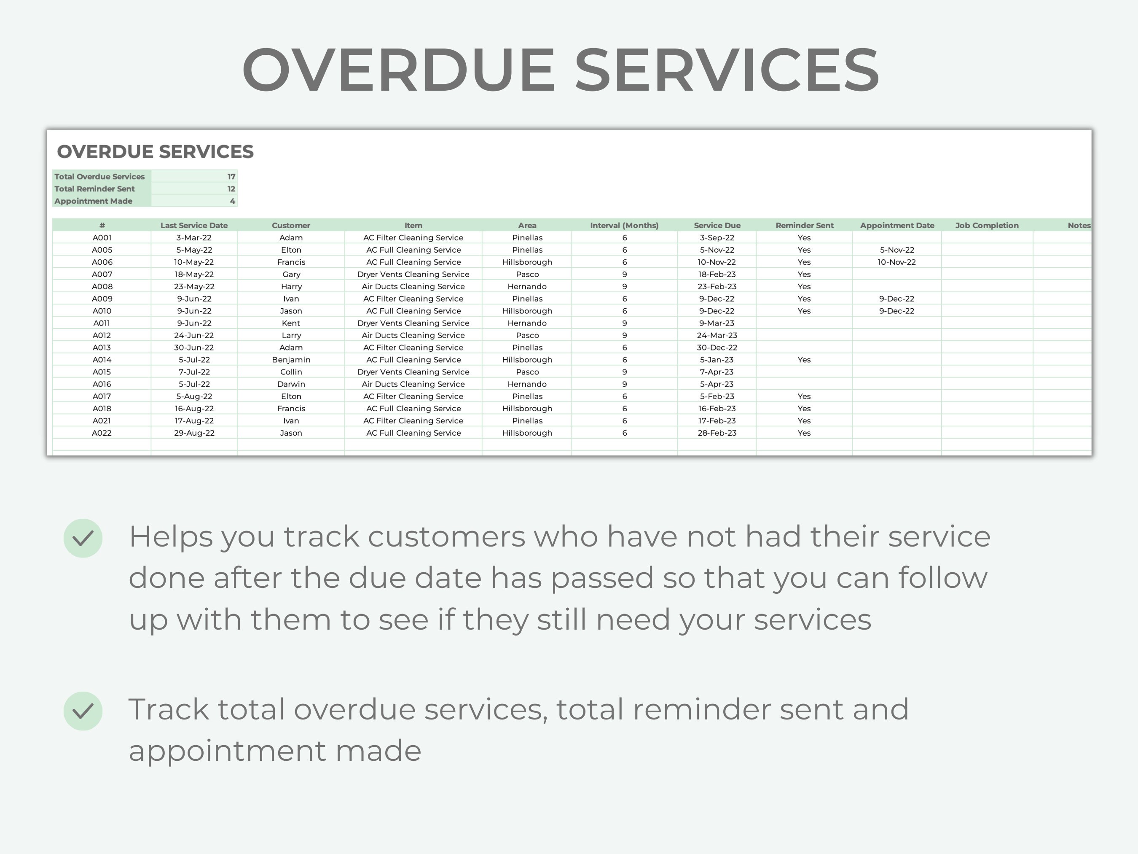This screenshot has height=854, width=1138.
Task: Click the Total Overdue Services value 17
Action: click(x=231, y=177)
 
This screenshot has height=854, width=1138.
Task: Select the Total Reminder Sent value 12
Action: click(x=231, y=189)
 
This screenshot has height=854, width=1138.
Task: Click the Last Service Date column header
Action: click(x=194, y=226)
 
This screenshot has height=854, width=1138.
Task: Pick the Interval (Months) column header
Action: click(x=624, y=226)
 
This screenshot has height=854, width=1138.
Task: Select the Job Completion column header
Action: click(x=987, y=226)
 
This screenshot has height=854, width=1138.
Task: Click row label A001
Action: click(x=102, y=238)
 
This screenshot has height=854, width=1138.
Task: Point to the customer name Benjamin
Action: click(x=291, y=360)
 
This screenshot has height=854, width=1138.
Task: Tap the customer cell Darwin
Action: click(x=291, y=384)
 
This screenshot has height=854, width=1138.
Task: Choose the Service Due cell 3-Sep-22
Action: click(x=717, y=238)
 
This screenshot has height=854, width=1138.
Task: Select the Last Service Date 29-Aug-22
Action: click(x=194, y=433)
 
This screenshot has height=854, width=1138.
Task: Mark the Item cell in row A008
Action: click(x=413, y=287)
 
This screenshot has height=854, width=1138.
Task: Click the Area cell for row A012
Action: click(x=527, y=336)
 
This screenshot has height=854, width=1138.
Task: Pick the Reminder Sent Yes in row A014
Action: click(x=804, y=360)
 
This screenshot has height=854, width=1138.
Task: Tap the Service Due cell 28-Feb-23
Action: click(x=717, y=433)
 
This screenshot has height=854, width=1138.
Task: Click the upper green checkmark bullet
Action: click(x=83, y=538)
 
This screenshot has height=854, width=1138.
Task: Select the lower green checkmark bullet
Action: click(x=83, y=711)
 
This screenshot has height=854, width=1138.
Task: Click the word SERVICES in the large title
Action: click(x=727, y=70)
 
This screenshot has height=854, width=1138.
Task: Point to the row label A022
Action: click(x=102, y=433)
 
